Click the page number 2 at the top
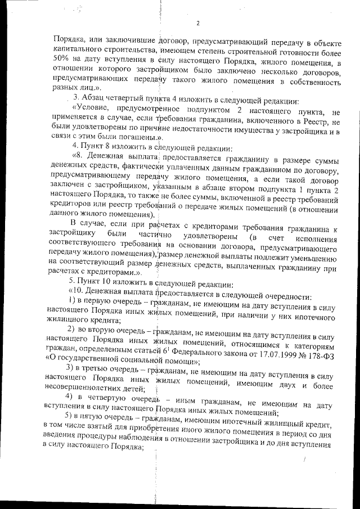[198, 23]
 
